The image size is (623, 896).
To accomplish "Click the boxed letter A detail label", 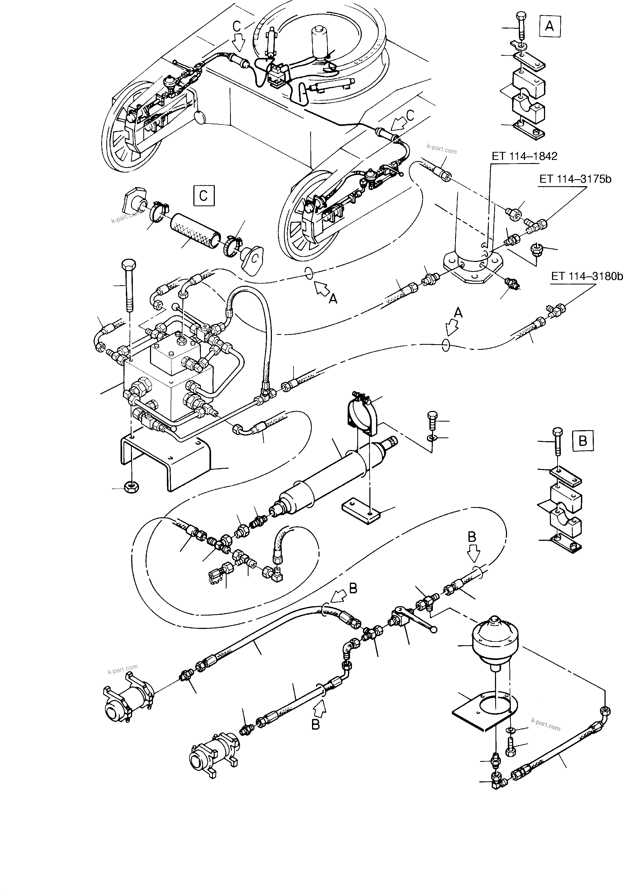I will point(549,27).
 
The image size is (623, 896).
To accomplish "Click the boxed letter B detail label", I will point(583,441).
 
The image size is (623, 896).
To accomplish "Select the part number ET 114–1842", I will point(524,156).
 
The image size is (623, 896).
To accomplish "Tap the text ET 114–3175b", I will point(575,179).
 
